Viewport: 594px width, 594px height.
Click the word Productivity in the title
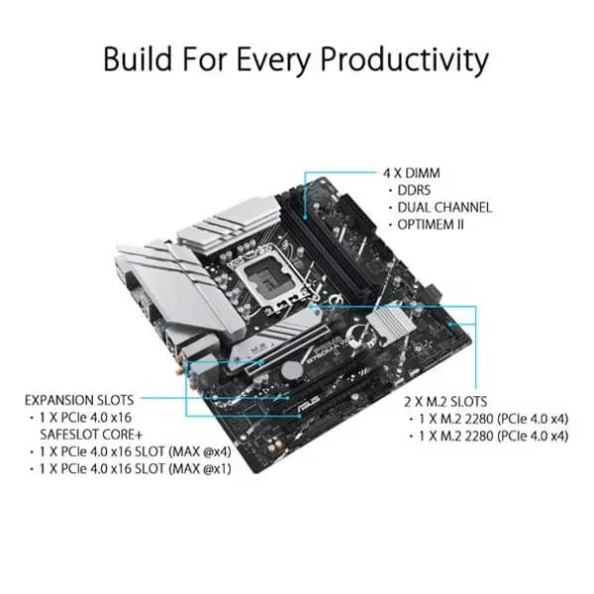click(405, 60)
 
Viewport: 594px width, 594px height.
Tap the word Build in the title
click(138, 58)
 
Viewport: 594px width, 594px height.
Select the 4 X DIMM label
click(412, 173)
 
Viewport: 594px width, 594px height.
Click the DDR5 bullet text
click(414, 190)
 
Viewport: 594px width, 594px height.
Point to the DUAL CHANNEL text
click(445, 208)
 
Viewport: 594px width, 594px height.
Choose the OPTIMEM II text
click(431, 225)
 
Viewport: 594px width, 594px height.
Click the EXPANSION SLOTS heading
click(79, 400)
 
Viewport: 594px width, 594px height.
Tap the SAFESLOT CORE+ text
click(91, 435)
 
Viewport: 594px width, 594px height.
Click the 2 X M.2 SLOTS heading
click(445, 402)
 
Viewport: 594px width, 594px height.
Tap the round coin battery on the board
click(292, 368)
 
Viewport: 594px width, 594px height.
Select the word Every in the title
click(274, 60)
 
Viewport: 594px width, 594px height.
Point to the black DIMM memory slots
click(326, 247)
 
